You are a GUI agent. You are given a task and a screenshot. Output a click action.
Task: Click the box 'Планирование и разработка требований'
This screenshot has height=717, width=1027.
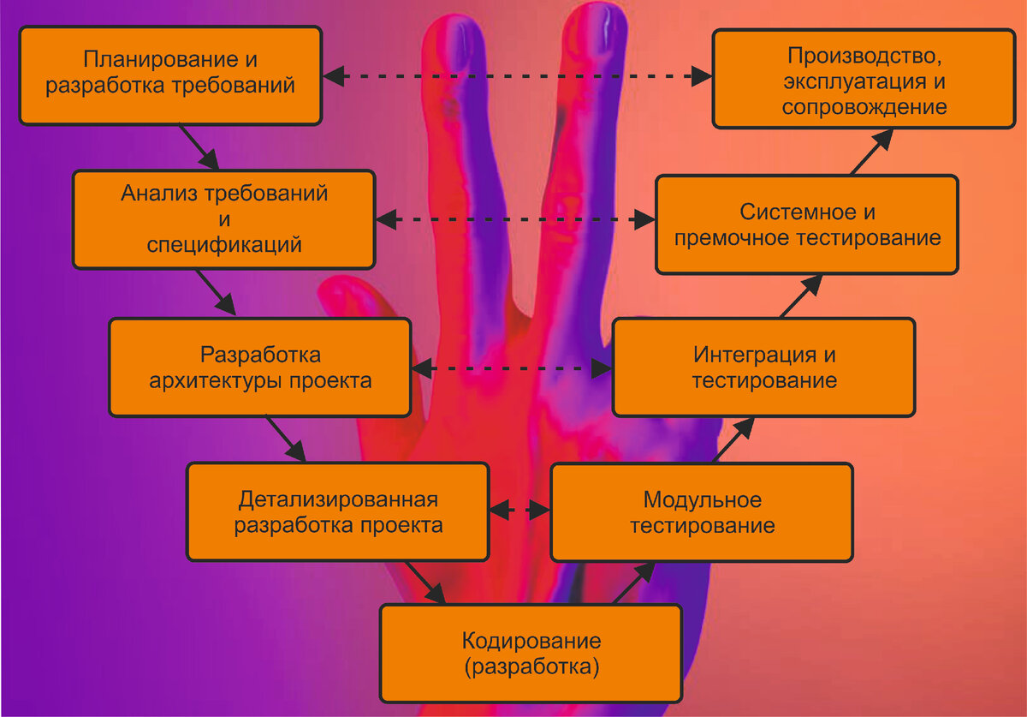coord(170,75)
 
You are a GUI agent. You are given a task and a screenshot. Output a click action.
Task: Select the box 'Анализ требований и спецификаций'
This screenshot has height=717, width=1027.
coord(223,219)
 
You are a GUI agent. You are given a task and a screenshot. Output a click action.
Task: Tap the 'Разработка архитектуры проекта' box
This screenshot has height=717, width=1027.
coord(260,367)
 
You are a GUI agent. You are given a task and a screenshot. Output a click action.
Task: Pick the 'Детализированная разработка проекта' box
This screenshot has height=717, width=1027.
coord(338,511)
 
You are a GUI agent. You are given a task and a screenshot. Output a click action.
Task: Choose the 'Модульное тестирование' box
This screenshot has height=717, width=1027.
coord(701,511)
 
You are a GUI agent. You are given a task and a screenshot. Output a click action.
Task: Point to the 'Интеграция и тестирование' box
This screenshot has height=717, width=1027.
coord(763,367)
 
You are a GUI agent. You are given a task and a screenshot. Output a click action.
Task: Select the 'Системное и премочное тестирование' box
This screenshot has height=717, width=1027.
coord(807,224)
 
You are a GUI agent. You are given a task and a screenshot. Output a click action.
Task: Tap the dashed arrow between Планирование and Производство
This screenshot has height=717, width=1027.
coord(517,75)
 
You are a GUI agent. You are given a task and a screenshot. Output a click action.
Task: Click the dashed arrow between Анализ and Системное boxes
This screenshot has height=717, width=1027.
coord(515,220)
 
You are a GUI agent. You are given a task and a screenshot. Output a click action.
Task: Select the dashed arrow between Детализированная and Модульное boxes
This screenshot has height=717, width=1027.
coord(519,511)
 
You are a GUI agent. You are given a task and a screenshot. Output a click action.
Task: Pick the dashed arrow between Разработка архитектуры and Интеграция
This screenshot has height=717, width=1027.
coord(513,368)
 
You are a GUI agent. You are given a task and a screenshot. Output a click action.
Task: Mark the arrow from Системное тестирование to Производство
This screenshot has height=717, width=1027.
coord(872,152)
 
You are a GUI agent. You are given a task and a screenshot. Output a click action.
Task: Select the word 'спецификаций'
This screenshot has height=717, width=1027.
coord(224,245)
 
